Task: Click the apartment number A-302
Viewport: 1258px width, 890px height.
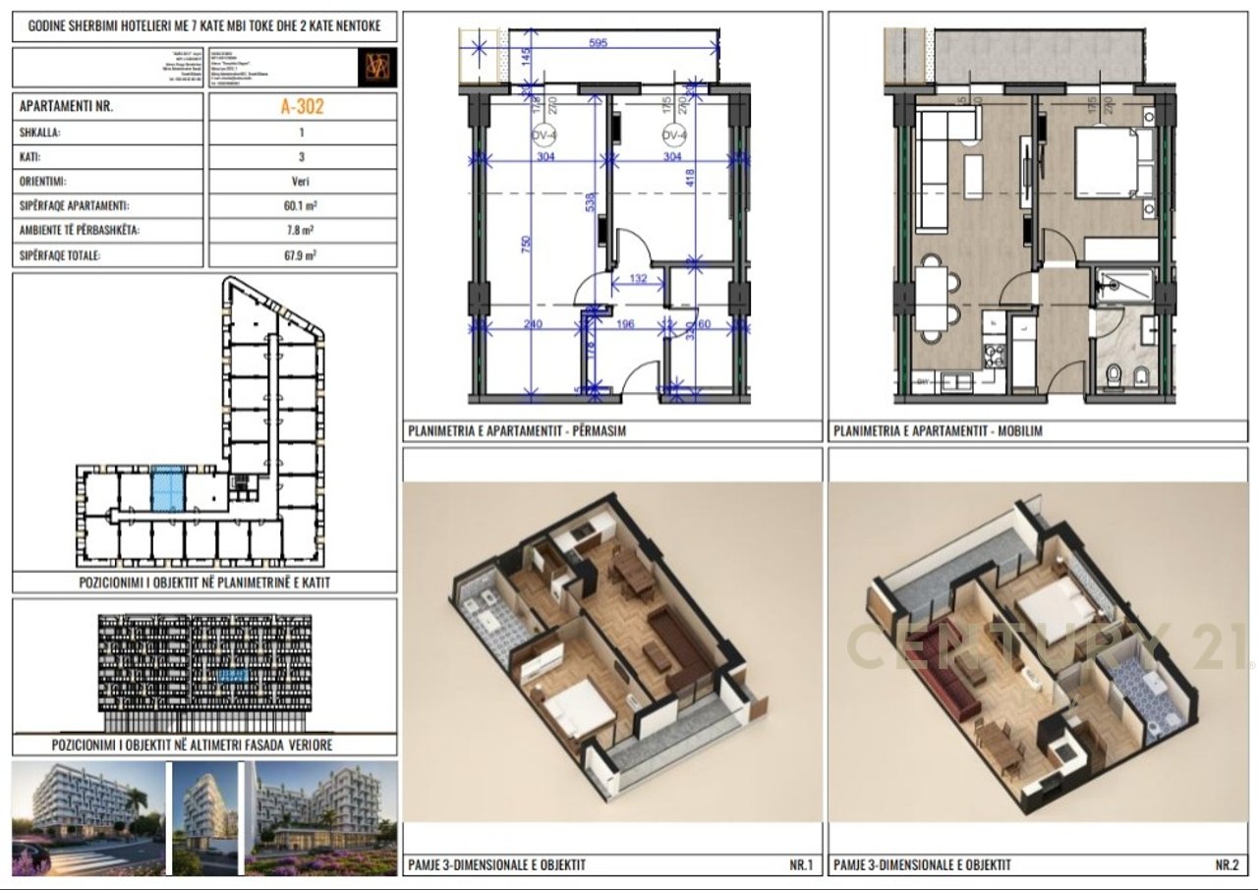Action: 302,107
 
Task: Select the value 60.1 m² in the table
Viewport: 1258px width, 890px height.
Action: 302,206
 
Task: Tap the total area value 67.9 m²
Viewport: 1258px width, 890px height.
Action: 302,255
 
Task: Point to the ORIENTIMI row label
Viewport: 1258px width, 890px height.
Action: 44,182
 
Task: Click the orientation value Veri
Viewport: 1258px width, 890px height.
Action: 302,182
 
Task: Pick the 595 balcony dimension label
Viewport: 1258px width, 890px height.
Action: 599,43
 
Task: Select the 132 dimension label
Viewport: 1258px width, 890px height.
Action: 637,280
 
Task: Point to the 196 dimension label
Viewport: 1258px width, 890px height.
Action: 626,324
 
